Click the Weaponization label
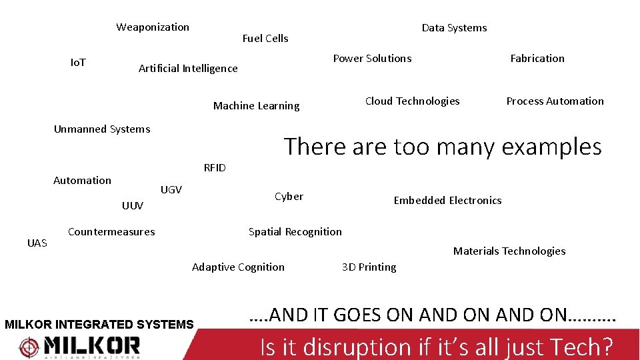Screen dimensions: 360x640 click(x=153, y=27)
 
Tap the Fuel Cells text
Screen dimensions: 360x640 click(x=265, y=39)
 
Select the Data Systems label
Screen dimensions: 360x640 click(x=454, y=28)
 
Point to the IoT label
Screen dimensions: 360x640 click(x=78, y=63)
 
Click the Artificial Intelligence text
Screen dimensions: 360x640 click(x=188, y=69)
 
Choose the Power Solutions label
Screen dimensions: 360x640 click(x=372, y=59)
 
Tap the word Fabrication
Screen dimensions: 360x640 click(x=537, y=59)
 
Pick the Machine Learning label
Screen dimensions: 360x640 click(x=256, y=106)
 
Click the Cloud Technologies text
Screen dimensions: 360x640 click(x=412, y=101)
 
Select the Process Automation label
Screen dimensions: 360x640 click(x=555, y=101)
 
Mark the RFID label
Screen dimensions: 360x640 click(x=215, y=168)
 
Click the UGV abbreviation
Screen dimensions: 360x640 click(x=171, y=190)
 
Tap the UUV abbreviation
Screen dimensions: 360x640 click(x=133, y=206)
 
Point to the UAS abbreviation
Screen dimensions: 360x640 click(x=37, y=243)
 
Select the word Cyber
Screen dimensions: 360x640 click(x=289, y=197)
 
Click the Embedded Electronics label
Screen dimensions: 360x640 click(x=447, y=201)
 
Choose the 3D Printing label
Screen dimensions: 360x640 click(x=369, y=267)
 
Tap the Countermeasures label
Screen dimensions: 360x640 click(x=111, y=232)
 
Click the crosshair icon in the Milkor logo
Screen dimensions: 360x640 click(x=29, y=347)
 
